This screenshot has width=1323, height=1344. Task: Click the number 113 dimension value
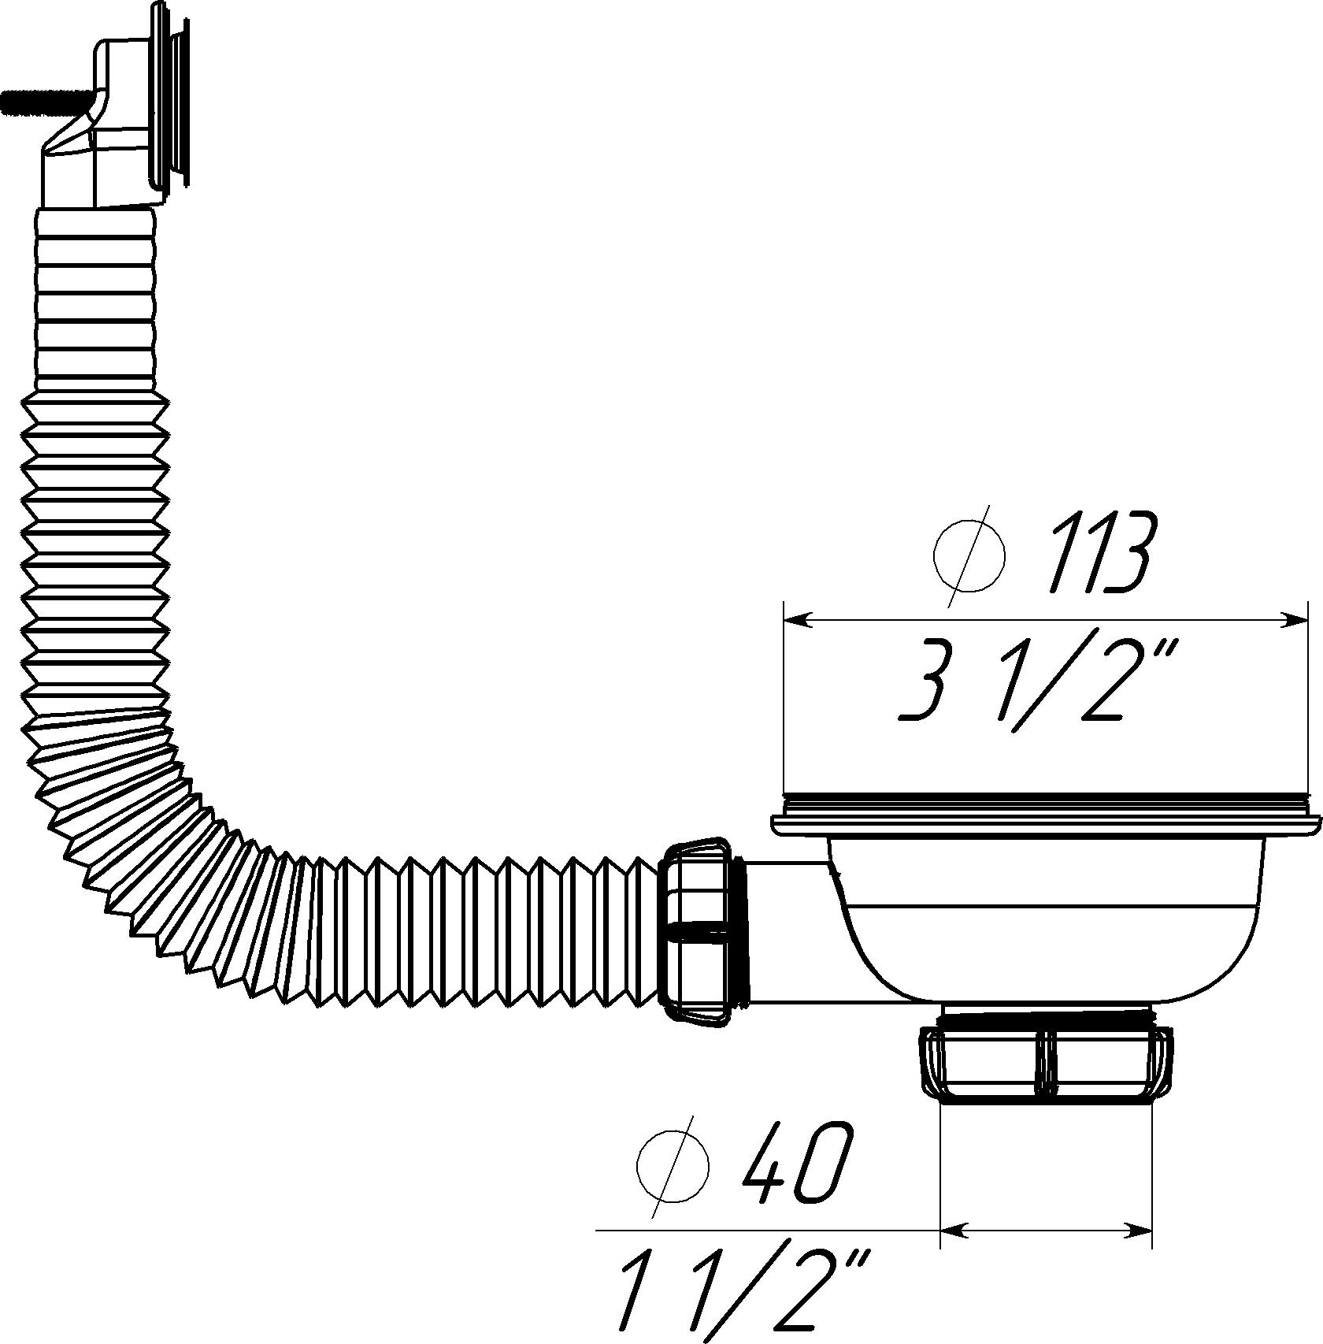point(1101,554)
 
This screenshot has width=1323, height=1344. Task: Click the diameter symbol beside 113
point(969,555)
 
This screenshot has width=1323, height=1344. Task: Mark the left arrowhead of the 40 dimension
point(954,1229)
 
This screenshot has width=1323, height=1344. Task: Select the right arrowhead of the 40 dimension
point(1138,1229)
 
